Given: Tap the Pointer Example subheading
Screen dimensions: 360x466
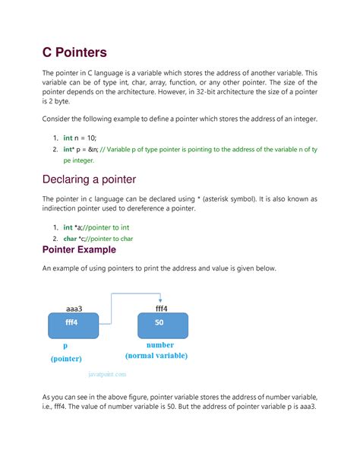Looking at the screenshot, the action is (x=79, y=249).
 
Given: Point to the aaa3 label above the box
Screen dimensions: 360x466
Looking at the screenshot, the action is (x=74, y=309).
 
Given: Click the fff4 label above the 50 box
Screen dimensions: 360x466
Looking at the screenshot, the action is (x=161, y=309).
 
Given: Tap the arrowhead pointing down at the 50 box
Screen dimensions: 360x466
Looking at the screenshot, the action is (x=161, y=300).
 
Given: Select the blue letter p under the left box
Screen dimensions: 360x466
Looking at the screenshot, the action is (x=65, y=344).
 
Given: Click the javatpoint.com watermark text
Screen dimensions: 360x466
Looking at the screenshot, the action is (x=108, y=373).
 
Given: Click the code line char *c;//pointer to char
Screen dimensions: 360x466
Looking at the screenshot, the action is (x=98, y=238).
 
